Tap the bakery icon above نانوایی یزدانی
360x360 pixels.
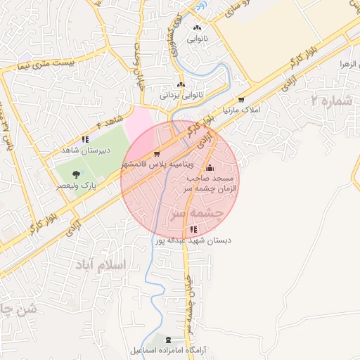(181, 85)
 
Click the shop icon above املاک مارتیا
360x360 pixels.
(242, 101)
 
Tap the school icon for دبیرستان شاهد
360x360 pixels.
(85, 139)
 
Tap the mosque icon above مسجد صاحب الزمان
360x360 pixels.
(209, 168)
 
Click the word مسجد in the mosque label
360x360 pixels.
(229, 179)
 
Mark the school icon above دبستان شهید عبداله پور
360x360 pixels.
(193, 230)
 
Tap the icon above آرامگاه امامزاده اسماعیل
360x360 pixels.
(167, 340)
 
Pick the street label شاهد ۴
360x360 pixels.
(105, 120)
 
